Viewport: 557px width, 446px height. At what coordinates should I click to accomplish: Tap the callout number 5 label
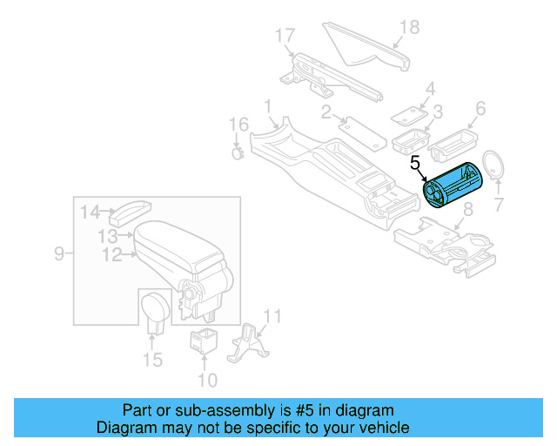click(415, 162)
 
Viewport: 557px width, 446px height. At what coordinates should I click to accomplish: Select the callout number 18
click(409, 28)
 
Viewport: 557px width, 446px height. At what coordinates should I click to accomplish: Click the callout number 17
click(285, 36)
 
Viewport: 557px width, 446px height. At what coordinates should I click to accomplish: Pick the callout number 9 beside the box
click(59, 253)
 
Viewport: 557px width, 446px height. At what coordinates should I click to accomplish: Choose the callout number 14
click(91, 212)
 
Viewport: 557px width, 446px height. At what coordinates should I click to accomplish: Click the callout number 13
click(107, 236)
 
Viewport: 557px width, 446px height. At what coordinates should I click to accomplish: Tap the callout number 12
click(111, 255)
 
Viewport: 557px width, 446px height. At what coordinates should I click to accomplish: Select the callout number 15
click(152, 360)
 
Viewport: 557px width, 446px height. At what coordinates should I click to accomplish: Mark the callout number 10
click(207, 380)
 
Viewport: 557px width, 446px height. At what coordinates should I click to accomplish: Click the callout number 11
click(272, 315)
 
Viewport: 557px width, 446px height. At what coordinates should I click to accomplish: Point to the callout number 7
click(498, 206)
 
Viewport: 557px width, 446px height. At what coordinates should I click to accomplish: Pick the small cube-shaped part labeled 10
click(203, 340)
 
